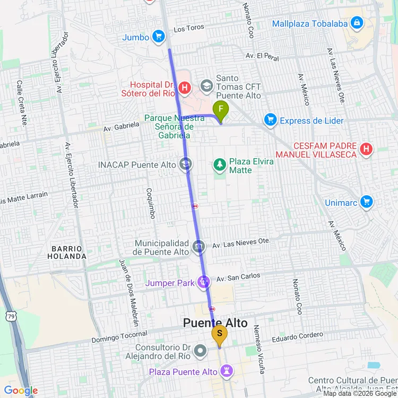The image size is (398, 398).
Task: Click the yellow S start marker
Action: pos(219,335)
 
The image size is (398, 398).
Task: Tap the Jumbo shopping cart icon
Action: pos(158,37)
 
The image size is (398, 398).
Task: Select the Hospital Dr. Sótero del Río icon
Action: pos(185,88)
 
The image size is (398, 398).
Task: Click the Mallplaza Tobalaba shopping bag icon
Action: pos(357,23)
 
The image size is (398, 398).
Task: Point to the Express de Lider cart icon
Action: pos(271,120)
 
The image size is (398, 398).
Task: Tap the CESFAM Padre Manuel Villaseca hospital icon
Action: pos(366,150)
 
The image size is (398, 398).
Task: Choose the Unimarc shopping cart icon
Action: pos(366,202)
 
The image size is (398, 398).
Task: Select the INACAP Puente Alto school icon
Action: pos(185,165)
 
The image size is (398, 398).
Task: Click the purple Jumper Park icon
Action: pos(204,282)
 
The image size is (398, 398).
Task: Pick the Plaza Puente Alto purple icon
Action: pos(227,371)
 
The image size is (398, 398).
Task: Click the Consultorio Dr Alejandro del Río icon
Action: pos(200,350)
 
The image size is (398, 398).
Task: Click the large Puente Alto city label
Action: pos(215,323)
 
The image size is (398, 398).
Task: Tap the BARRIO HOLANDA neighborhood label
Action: pos(69,252)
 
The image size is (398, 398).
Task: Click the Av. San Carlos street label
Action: pos(238,278)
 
